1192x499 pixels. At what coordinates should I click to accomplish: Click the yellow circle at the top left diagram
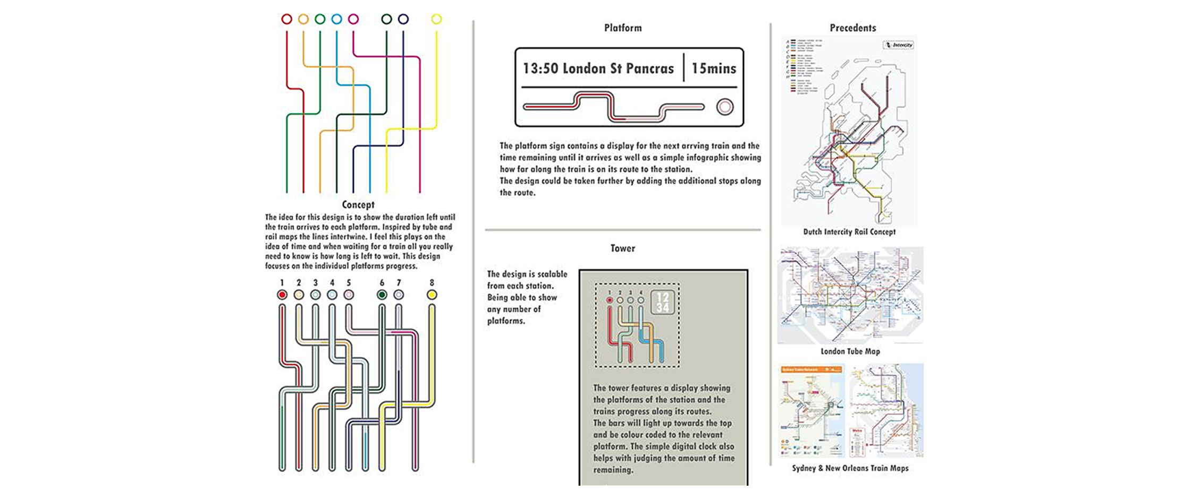[x=436, y=19]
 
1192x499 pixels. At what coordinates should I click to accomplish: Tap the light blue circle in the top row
[x=336, y=19]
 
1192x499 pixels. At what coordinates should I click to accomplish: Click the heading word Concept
[x=358, y=204]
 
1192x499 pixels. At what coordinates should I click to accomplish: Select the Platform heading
[x=623, y=28]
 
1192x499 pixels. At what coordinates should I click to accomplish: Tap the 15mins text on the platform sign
[x=714, y=68]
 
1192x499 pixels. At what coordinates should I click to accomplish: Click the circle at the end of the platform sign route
[x=724, y=107]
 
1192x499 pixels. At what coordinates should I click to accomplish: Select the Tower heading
[x=623, y=248]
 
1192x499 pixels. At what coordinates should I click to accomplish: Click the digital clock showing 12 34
[x=663, y=302]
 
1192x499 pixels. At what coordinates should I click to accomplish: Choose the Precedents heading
[x=853, y=28]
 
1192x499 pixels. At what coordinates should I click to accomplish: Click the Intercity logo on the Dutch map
[x=898, y=45]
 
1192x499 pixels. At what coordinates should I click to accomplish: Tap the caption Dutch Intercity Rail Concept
[x=849, y=231]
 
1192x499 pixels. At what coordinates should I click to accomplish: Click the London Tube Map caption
[x=850, y=351]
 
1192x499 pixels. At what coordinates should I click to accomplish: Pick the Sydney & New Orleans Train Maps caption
[x=850, y=468]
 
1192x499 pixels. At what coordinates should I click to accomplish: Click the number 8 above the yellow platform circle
[x=432, y=283]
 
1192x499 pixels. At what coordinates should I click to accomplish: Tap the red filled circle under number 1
[x=282, y=295]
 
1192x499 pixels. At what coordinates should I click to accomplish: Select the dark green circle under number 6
[x=382, y=295]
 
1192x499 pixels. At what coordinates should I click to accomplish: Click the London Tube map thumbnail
[x=850, y=295]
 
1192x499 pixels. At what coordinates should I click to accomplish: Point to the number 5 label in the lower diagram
[x=349, y=283]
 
